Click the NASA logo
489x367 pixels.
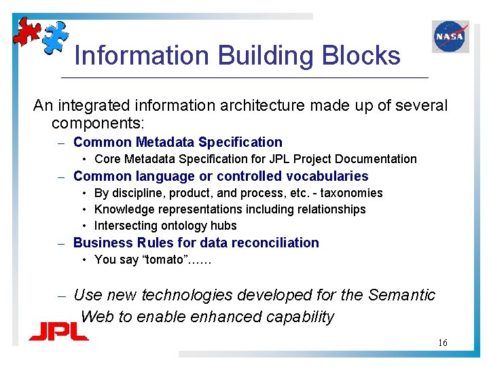pos(450,37)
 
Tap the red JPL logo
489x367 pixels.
pos(58,331)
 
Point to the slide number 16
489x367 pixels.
pos(442,343)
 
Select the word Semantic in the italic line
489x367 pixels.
pos(401,295)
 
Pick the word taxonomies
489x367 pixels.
pos(350,193)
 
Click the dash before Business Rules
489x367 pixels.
pos(60,243)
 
